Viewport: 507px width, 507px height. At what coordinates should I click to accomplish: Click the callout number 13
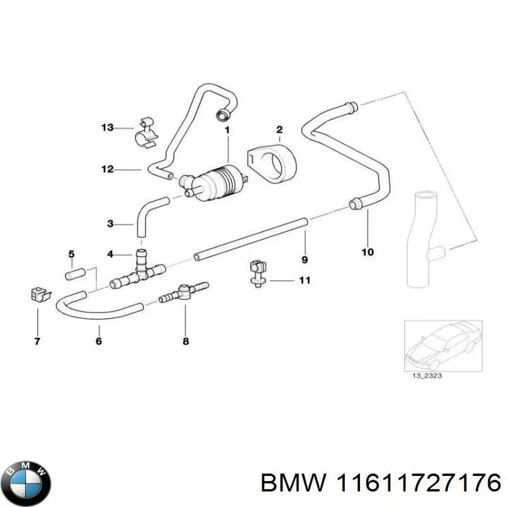107,128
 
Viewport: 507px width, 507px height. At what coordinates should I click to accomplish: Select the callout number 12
107,169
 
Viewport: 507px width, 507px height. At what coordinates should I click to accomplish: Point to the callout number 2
279,131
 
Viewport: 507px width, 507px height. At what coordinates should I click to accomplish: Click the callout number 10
368,252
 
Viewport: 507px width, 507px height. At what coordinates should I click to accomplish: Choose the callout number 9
304,260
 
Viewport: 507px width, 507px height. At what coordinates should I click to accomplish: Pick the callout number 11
304,280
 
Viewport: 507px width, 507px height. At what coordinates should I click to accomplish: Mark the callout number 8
185,342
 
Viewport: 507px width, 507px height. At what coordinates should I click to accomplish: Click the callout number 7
37,342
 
